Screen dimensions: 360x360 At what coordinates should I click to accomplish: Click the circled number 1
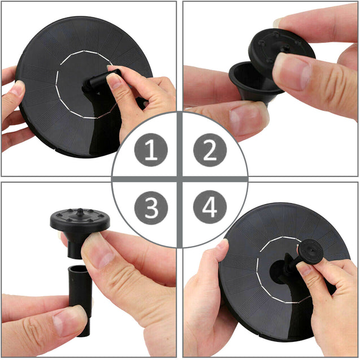(x=151, y=150)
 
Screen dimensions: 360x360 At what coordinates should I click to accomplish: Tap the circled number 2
(x=210, y=150)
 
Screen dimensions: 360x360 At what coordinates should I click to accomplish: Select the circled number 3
(x=151, y=208)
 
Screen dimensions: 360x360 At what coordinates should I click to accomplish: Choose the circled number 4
(x=210, y=207)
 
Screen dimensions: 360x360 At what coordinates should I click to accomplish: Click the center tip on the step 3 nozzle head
(x=80, y=212)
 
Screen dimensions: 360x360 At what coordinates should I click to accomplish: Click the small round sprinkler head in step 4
(x=311, y=251)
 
